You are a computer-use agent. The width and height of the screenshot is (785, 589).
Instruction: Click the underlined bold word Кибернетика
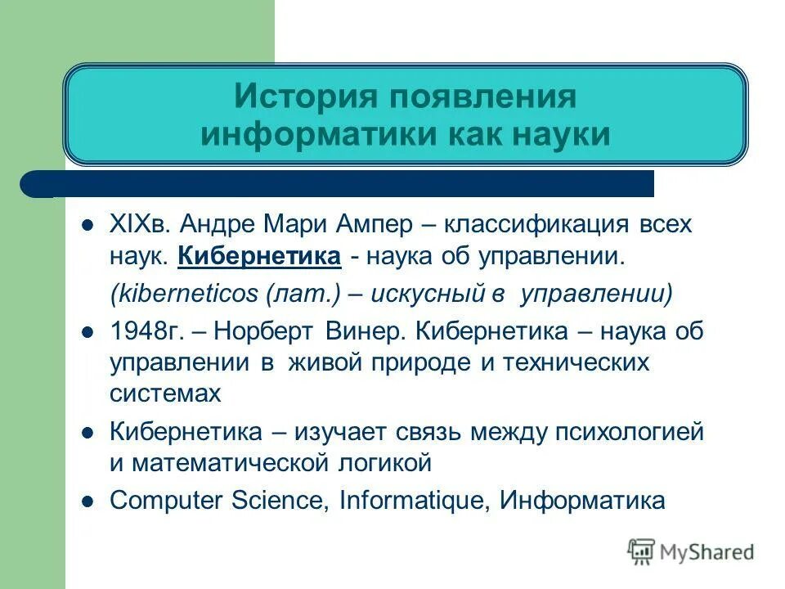point(259,257)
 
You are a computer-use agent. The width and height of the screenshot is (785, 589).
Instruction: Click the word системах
point(165,393)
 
